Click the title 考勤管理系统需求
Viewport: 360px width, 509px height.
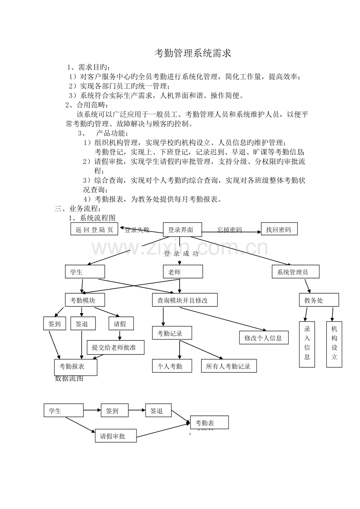click(x=193, y=54)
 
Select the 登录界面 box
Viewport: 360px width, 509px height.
click(x=182, y=230)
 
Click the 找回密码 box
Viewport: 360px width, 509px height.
click(x=279, y=229)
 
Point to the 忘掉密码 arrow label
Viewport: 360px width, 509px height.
click(x=230, y=230)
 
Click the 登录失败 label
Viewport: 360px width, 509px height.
click(x=137, y=230)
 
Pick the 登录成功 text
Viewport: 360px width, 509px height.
click(x=181, y=254)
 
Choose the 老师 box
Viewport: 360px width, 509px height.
click(x=183, y=272)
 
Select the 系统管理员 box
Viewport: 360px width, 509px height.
click(x=295, y=272)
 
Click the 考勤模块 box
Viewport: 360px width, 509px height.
click(x=85, y=300)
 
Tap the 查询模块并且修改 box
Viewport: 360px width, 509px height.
click(x=184, y=300)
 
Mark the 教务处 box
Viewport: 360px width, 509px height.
click(x=319, y=300)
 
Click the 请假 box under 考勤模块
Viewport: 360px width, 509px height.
click(x=121, y=324)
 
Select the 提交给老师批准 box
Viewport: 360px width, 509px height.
click(x=115, y=347)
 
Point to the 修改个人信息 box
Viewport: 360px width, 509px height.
click(x=264, y=338)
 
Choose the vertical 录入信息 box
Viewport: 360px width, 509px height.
click(x=307, y=344)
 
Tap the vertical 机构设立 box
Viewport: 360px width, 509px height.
click(x=334, y=344)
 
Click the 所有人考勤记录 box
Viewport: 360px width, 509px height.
click(x=229, y=366)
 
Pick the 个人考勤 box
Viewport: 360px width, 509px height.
click(x=172, y=366)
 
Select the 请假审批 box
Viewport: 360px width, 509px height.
click(x=115, y=436)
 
